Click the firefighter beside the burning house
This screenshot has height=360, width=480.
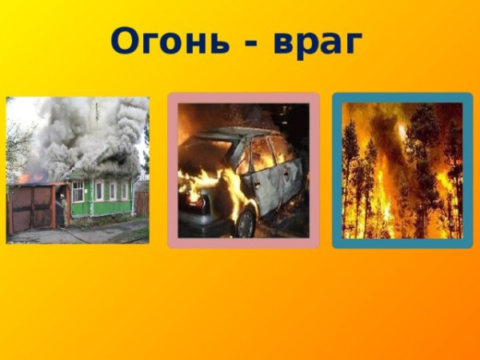pyautogui.click(x=60, y=210)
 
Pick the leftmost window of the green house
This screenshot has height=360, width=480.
pyautogui.click(x=78, y=191)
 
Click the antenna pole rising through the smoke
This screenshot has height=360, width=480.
pyautogui.click(x=97, y=120)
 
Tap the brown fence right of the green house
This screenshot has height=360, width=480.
pyautogui.click(x=142, y=203)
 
